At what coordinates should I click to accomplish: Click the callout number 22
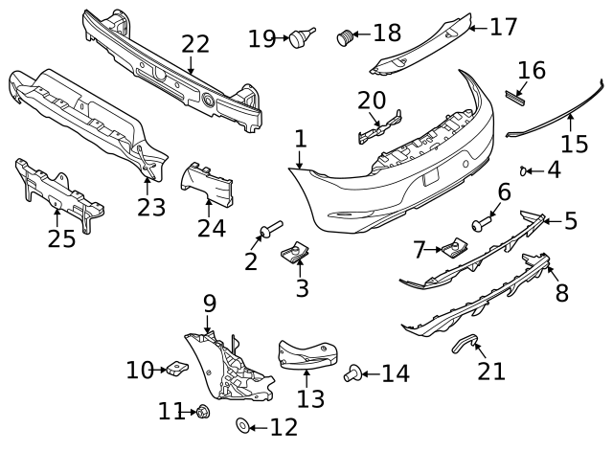194,43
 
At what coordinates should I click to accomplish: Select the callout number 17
503,26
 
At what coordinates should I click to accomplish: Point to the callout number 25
61,237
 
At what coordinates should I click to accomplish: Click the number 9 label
210,304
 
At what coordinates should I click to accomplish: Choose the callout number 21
491,371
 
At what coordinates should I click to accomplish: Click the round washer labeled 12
242,424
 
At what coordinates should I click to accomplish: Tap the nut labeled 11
203,412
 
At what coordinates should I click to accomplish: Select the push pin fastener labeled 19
304,38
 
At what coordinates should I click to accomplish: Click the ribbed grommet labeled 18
345,37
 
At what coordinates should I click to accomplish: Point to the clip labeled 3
298,253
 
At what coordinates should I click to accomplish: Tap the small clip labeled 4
524,170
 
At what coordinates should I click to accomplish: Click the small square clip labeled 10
179,367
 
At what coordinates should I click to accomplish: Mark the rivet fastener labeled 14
352,372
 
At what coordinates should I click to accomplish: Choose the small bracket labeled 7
451,249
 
